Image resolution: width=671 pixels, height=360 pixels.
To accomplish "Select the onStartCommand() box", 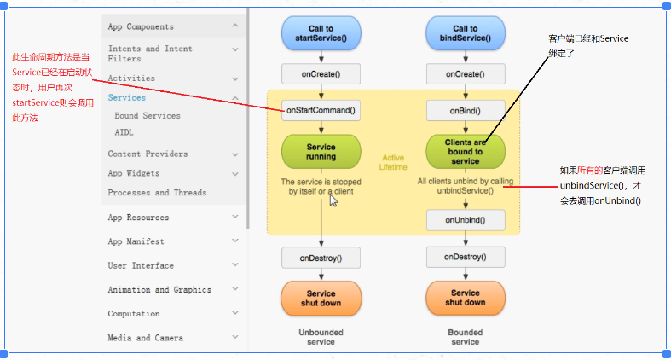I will [321, 110].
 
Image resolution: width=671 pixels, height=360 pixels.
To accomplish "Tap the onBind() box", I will [466, 110].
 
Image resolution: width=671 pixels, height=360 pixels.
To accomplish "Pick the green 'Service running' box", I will [321, 151].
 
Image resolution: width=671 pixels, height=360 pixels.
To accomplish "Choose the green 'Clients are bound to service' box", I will [466, 151].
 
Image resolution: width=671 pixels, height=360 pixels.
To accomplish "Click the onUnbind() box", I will [466, 220].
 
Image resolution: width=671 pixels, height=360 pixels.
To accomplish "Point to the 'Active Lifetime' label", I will [393, 161].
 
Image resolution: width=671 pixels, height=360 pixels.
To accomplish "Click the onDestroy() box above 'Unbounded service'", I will [321, 257].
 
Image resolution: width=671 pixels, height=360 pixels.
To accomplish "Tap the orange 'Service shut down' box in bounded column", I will [466, 297].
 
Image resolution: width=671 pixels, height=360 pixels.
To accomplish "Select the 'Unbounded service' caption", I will [321, 336].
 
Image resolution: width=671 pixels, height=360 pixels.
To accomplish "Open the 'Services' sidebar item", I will [126, 97].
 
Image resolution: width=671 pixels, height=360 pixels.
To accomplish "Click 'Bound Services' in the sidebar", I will [148, 115].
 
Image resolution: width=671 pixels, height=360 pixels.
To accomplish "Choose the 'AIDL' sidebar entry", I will [124, 132].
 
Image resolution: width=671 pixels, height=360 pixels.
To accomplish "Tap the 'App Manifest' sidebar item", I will [136, 241].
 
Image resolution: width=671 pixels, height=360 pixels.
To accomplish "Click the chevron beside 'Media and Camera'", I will [235, 337].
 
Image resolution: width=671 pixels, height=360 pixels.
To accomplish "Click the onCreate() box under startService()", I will [321, 75].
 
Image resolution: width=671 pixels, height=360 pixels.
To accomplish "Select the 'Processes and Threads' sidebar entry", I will [157, 193].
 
